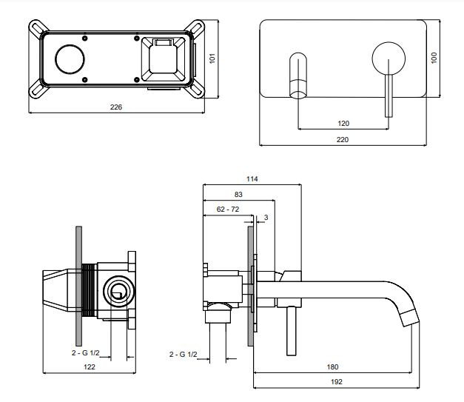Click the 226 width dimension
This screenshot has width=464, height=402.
[116, 107]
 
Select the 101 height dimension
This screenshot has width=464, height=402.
[212, 58]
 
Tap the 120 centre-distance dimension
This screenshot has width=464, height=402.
[343, 123]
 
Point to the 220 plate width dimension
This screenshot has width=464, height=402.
[343, 139]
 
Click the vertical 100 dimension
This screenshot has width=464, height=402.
[434, 58]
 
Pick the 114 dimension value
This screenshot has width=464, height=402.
[252, 179]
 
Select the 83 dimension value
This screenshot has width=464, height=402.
[238, 195]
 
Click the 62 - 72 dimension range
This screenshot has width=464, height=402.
[228, 210]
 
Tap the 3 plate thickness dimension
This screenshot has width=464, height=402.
[266, 217]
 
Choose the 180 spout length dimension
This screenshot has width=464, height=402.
[332, 366]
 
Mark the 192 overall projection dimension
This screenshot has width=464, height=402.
[337, 382]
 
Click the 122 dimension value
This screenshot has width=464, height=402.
[90, 366]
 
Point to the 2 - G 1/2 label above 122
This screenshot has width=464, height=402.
[86, 352]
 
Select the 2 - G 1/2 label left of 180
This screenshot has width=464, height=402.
[184, 354]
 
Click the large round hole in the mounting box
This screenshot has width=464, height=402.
[70, 59]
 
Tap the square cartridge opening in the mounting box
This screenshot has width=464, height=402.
[164, 59]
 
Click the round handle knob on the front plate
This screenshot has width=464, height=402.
[389, 58]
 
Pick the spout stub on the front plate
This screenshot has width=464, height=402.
[298, 76]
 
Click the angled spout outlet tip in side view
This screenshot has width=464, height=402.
[411, 318]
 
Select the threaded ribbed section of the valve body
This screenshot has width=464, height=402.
[89, 290]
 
